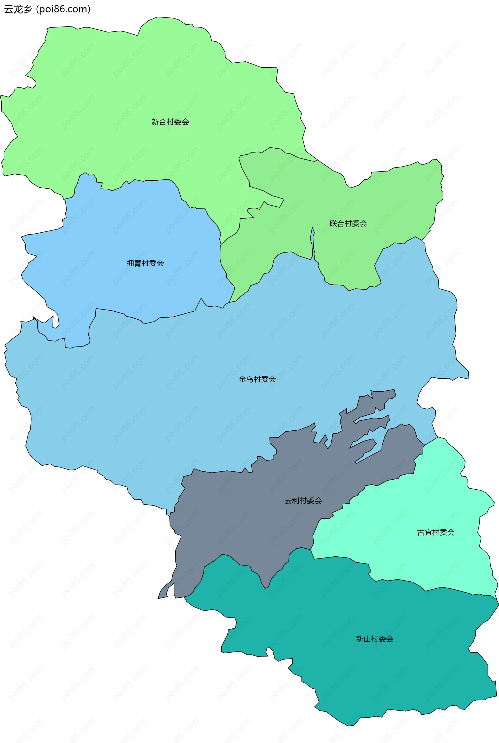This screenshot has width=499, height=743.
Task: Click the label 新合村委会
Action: pyautogui.click(x=170, y=122)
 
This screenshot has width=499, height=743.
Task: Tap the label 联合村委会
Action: pyautogui.click(x=348, y=223)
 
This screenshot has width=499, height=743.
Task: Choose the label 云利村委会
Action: pyautogui.click(x=303, y=501)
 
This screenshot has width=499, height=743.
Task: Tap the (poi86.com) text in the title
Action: pyautogui.click(x=63, y=9)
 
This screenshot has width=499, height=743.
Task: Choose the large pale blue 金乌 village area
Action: pyautogui.click(x=191, y=398)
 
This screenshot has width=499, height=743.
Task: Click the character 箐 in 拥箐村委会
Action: pyautogui.click(x=138, y=263)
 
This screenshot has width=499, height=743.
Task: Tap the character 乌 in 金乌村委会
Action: pyautogui.click(x=250, y=379)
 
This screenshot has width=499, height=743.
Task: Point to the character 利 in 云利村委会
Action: pyautogui.click(x=296, y=501)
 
